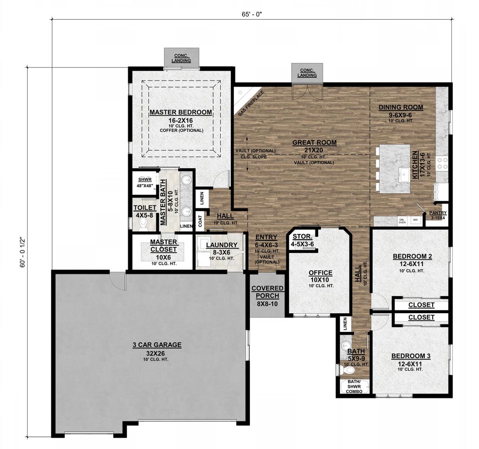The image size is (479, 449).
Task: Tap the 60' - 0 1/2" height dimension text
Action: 20,251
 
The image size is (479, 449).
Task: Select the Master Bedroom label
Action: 181,112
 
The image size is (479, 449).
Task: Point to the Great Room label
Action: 314,143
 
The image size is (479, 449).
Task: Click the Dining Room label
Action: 400,107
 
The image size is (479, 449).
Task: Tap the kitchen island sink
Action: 403,176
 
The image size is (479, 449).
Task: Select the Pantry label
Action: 438,213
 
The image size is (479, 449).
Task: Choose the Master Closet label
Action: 163,245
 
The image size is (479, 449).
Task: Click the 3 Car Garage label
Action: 157,345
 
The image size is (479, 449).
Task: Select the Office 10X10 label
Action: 320,273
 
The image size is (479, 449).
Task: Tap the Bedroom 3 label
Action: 411,356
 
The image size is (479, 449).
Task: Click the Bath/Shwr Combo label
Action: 354,386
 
